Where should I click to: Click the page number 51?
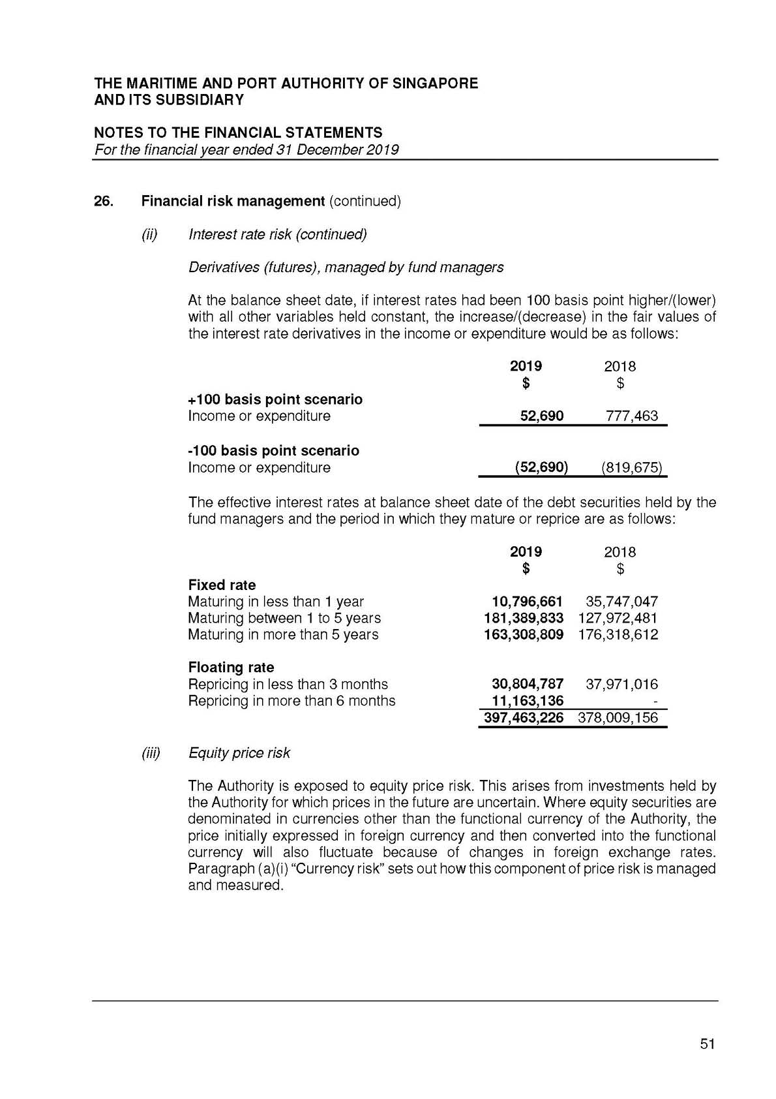[x=707, y=1044]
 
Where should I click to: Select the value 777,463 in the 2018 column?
[x=631, y=416]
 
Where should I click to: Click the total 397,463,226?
[x=523, y=719]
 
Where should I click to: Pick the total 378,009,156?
[x=618, y=719]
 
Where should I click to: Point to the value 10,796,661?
[x=527, y=602]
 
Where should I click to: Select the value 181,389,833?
[x=523, y=618]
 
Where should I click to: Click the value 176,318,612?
[x=618, y=634]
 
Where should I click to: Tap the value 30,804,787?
[x=527, y=684]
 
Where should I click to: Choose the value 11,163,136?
[x=527, y=701]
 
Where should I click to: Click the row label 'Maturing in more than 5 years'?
[x=283, y=634]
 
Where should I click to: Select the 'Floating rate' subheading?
[x=231, y=668]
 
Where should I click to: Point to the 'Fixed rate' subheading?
[x=222, y=585]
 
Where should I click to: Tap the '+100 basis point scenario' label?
[x=275, y=399]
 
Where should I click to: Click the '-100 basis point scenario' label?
[x=273, y=451]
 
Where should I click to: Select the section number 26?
[x=104, y=201]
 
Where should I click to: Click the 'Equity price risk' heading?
[x=239, y=753]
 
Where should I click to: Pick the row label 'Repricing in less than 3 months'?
[x=288, y=684]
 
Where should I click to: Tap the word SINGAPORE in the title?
[x=435, y=84]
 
